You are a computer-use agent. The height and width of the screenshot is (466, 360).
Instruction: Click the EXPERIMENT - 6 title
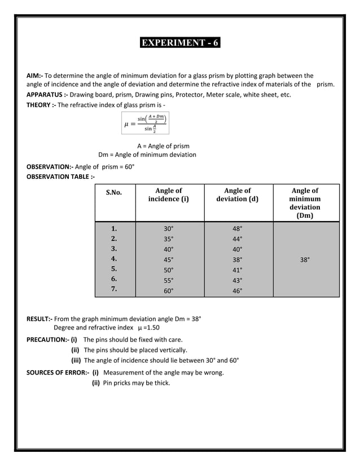click(180, 43)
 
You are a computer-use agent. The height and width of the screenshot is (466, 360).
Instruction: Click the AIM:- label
click(34, 76)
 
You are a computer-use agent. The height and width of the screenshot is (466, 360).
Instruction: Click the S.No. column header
click(114, 192)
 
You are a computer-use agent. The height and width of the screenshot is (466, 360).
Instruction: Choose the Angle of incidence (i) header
click(168, 195)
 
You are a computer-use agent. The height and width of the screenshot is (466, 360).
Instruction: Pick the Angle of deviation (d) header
click(238, 195)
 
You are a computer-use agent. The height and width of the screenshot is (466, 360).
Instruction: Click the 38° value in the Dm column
click(305, 260)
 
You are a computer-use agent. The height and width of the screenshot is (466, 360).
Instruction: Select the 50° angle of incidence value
click(168, 270)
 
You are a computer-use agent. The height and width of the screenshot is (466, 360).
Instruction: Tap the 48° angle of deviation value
click(238, 229)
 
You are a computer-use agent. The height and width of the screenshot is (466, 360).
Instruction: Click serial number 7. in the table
click(114, 289)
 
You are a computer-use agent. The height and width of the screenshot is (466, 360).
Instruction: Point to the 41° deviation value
click(238, 270)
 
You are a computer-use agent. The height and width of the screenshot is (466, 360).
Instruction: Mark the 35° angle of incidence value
click(168, 239)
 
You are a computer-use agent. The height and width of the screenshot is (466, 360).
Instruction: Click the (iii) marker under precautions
click(76, 361)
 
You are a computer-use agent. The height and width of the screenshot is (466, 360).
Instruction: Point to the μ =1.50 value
click(149, 328)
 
